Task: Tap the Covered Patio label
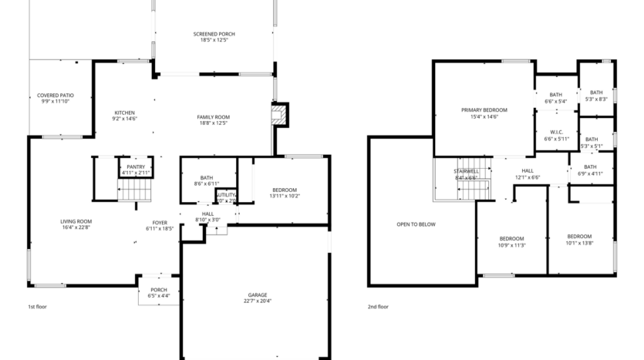click(54, 98)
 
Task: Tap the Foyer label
click(160, 226)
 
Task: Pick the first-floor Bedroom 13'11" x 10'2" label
click(284, 193)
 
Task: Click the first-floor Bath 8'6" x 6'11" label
click(207, 180)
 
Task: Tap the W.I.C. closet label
click(555, 135)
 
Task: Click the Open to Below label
click(416, 224)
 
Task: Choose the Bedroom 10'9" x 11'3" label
click(511, 241)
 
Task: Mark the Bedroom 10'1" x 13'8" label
click(578, 239)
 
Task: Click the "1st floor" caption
click(37, 307)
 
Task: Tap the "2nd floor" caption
click(378, 307)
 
